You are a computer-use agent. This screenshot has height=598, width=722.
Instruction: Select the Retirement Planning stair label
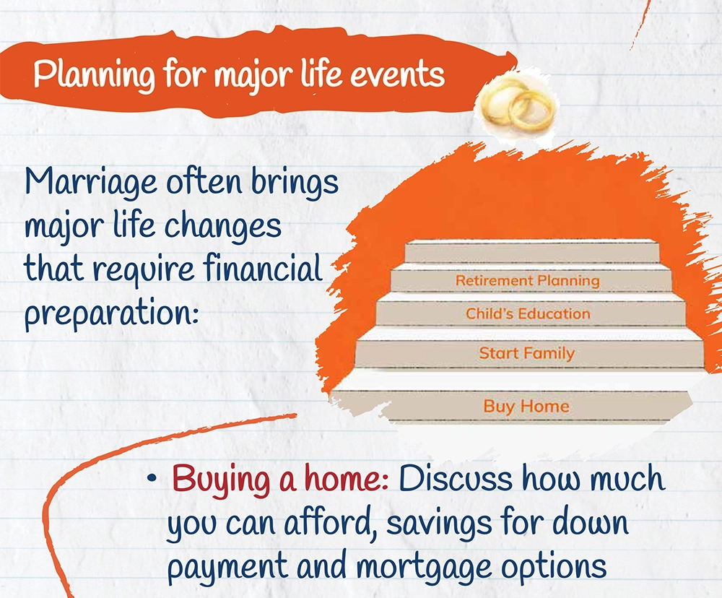pos(528,280)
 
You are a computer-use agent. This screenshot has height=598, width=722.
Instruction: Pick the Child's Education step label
pos(528,313)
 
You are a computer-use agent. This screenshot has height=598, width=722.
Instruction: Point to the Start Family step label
pos(527,353)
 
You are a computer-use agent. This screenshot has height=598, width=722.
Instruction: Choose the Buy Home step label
pos(526,407)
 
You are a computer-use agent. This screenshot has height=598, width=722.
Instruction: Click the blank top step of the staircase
pos(532,252)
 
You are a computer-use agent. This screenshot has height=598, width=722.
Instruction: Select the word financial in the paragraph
pos(263,268)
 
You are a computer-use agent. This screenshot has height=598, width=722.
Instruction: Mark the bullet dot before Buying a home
pos(152,478)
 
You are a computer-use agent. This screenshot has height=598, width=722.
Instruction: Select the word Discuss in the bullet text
pos(456,479)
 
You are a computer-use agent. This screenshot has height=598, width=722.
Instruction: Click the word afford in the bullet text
pos(330,524)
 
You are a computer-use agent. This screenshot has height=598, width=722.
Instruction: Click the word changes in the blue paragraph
pos(223,226)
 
